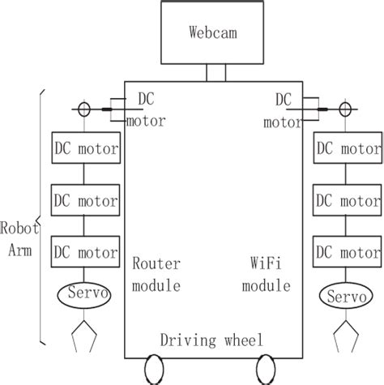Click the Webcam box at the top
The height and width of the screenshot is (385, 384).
[213, 33]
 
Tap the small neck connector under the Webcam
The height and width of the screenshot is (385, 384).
[215, 73]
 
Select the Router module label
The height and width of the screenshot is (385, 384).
[156, 275]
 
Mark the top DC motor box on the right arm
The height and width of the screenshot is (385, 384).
[346, 150]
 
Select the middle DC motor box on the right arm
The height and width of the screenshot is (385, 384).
[346, 198]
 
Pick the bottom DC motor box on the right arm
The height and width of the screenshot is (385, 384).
[346, 252]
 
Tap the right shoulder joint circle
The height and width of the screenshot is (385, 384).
[346, 108]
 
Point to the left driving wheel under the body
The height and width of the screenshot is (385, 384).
[155, 370]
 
